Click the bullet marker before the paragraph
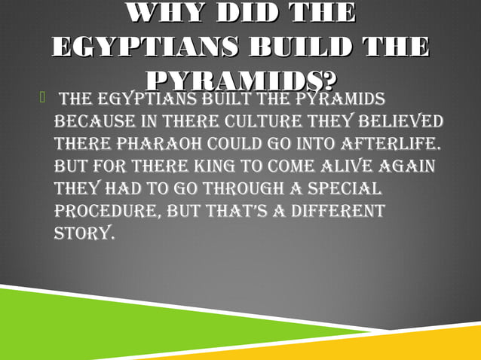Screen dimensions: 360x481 point(44,98)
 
